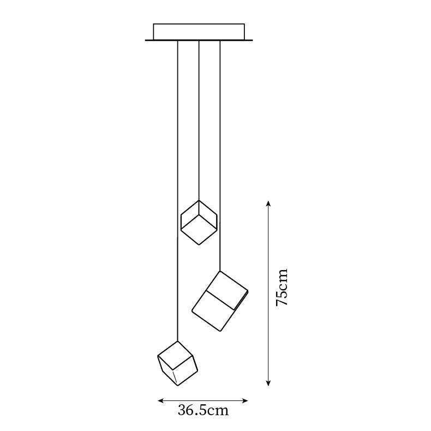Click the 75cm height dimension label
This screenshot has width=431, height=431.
click(x=282, y=287)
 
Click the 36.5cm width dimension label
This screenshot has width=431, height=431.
click(x=203, y=410)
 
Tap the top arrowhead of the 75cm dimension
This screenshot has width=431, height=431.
click(x=268, y=202)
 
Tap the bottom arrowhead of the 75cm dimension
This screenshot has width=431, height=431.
click(x=268, y=385)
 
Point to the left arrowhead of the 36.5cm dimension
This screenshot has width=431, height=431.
click(x=160, y=401)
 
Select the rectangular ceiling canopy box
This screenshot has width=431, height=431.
click(x=199, y=32)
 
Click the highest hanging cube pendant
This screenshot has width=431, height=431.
click(x=199, y=222)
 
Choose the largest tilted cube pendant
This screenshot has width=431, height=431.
click(x=220, y=301)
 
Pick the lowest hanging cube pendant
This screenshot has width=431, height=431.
click(x=177, y=364)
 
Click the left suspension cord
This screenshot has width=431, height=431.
click(x=178, y=191)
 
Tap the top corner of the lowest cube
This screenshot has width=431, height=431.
click(x=178, y=342)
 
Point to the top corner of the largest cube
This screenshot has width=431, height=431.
click(x=220, y=271)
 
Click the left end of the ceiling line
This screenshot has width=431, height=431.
click(x=146, y=40)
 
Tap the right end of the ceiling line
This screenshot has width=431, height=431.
click(x=252, y=40)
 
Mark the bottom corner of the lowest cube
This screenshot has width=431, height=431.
click(x=177, y=386)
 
